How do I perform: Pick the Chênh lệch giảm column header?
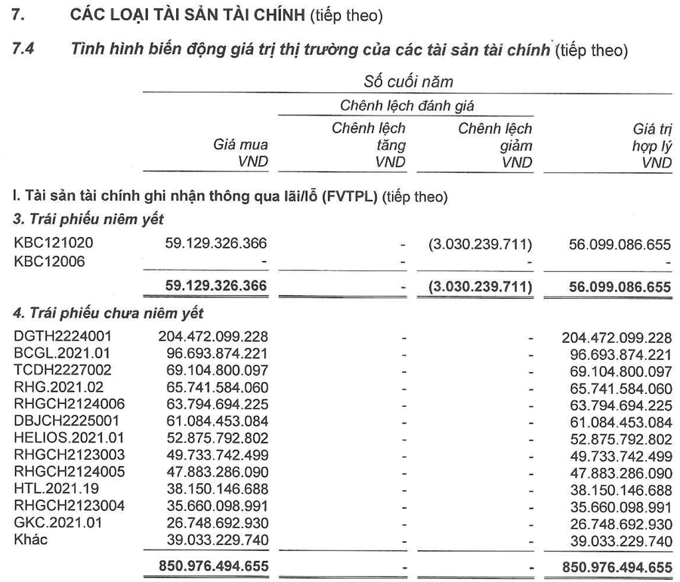[x=495, y=145]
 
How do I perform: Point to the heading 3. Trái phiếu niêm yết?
[x=88, y=219]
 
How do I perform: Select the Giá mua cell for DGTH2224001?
[x=213, y=336]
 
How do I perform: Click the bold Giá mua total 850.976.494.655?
[x=213, y=565]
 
